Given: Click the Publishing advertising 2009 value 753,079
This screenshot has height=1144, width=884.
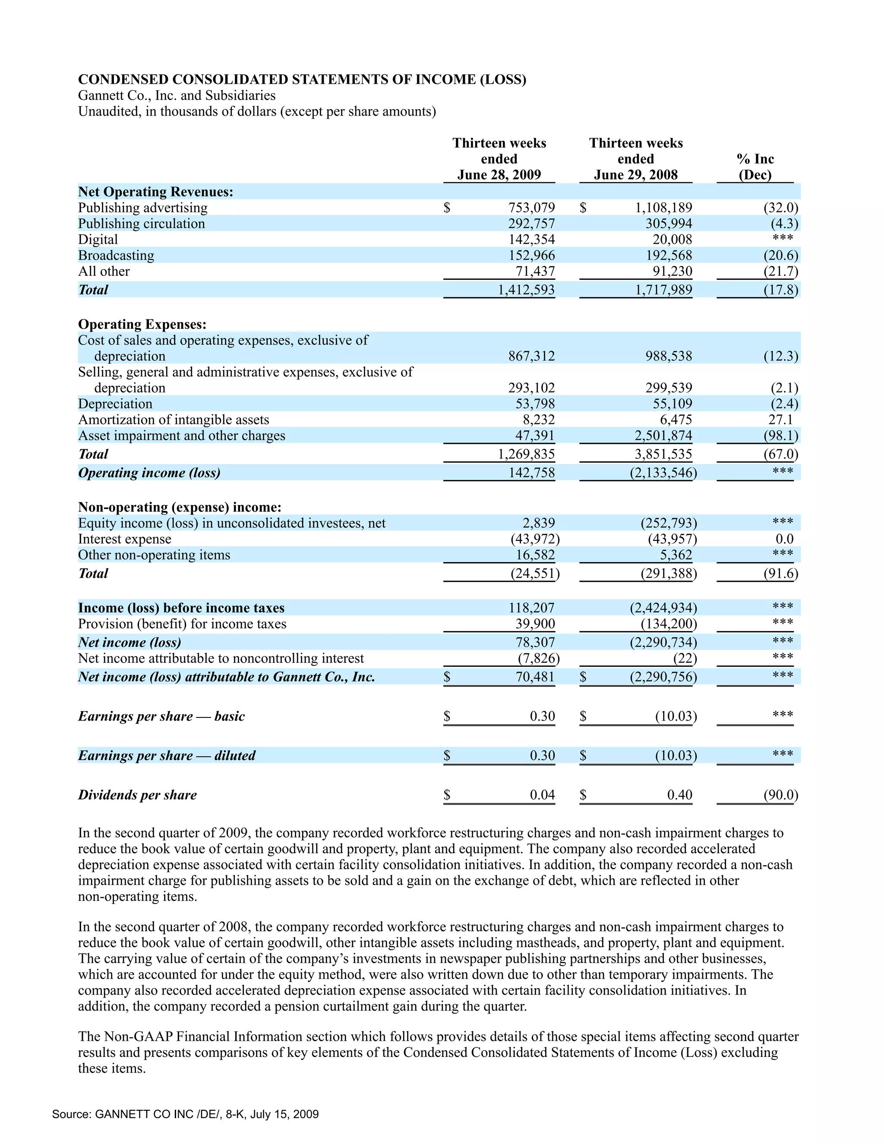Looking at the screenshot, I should pyautogui.click(x=531, y=208).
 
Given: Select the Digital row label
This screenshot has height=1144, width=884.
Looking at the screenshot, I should pyautogui.click(x=98, y=240).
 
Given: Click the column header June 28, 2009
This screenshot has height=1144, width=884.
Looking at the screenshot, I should pyautogui.click(x=499, y=175).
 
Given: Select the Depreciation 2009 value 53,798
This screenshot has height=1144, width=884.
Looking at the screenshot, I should pyautogui.click(x=535, y=404).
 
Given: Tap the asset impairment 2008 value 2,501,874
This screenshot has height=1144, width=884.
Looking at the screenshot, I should pyautogui.click(x=663, y=436).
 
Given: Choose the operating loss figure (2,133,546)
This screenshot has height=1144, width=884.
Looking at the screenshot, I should pyautogui.click(x=663, y=473).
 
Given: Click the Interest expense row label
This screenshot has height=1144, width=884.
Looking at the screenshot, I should pyautogui.click(x=125, y=539).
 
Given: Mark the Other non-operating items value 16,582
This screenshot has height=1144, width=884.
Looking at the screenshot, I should pyautogui.click(x=535, y=555).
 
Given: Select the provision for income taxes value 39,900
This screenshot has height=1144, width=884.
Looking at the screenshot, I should pyautogui.click(x=535, y=624).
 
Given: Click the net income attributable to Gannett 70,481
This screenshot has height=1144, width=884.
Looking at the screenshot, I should pyautogui.click(x=535, y=677).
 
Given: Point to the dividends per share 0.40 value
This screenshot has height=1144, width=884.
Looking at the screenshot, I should pyautogui.click(x=679, y=795).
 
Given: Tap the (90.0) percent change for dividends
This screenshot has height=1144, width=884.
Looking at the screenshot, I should pyautogui.click(x=780, y=795).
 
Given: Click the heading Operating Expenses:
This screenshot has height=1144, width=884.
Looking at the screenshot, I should pyautogui.click(x=142, y=324).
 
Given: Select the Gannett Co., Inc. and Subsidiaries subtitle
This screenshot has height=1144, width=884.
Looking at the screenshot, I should pyautogui.click(x=177, y=95).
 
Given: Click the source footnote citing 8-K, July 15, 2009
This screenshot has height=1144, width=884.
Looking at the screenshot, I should pyautogui.click(x=185, y=1114).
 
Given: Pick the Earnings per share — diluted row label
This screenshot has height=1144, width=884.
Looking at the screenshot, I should pyautogui.click(x=167, y=755).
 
